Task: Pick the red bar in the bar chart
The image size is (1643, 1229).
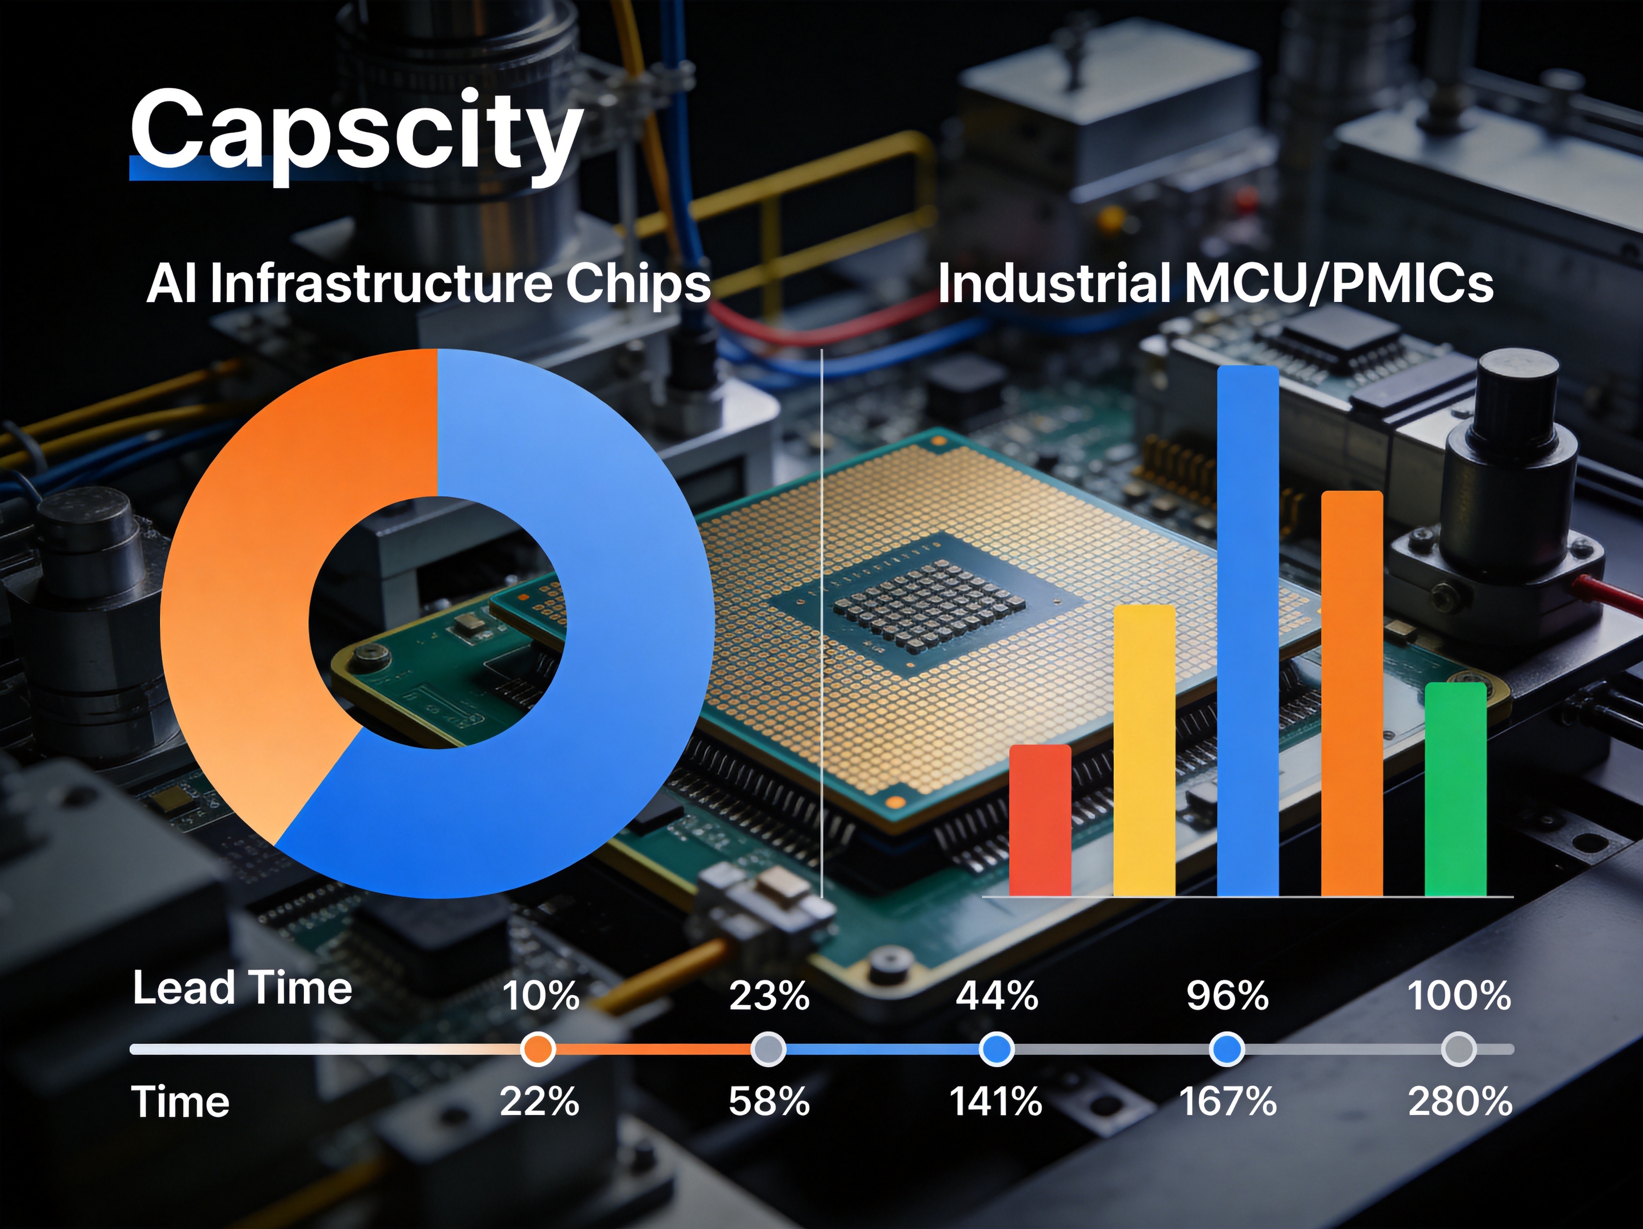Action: (1040, 820)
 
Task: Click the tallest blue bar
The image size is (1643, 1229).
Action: (1248, 631)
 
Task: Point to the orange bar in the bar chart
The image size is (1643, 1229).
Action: (1352, 694)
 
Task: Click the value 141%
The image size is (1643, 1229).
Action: (996, 1101)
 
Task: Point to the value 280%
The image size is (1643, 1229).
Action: (1460, 1101)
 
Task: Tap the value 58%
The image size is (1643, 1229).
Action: (769, 1101)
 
